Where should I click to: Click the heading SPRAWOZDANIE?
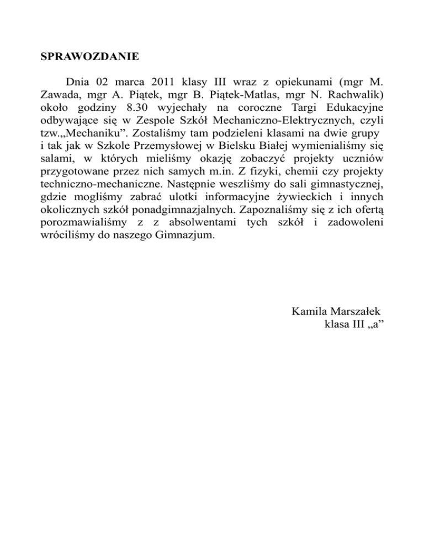[90, 56]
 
